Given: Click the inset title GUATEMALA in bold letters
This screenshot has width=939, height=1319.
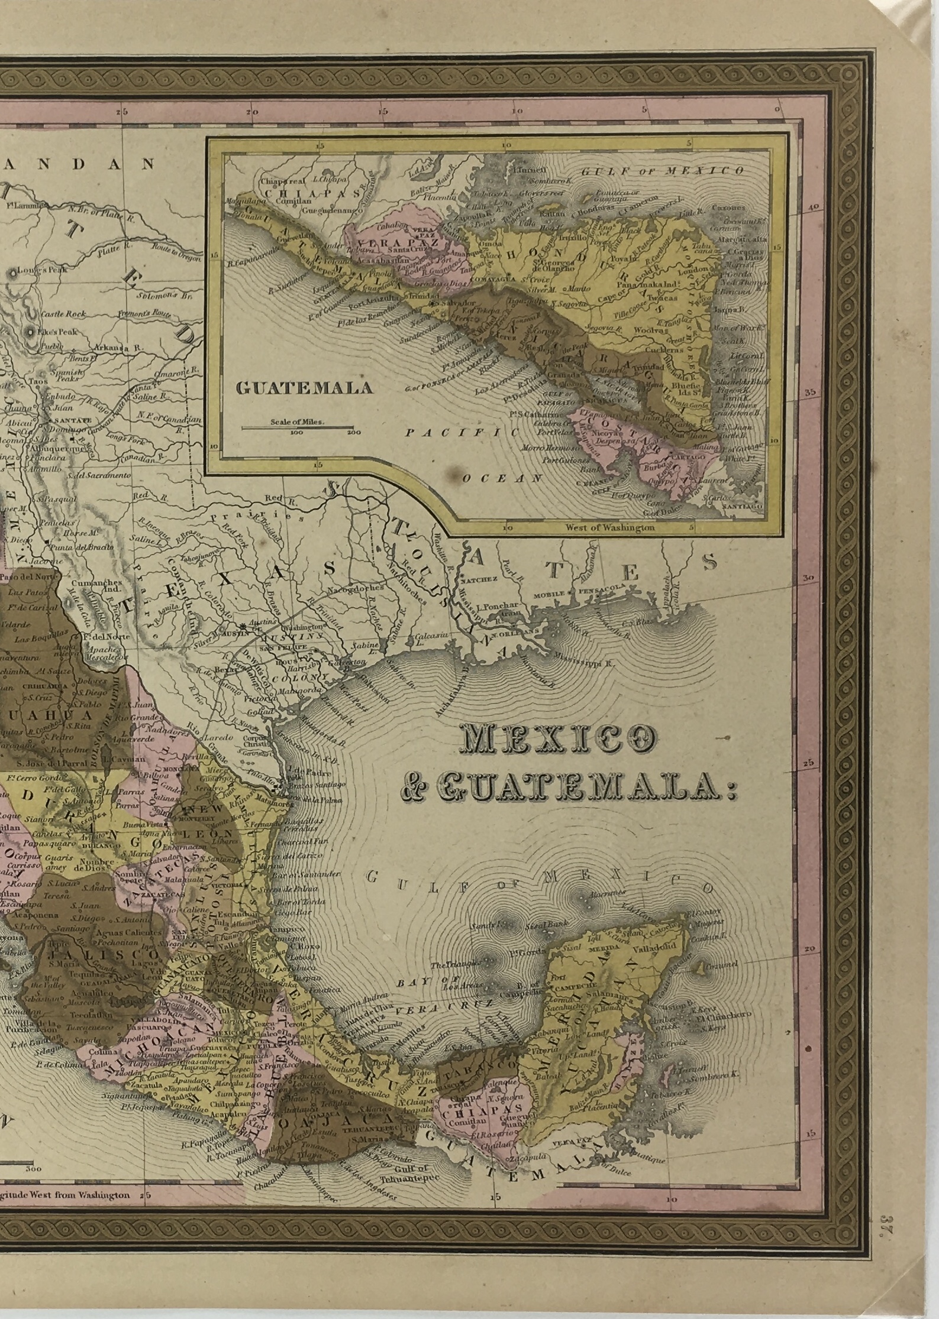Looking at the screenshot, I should click(305, 387).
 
